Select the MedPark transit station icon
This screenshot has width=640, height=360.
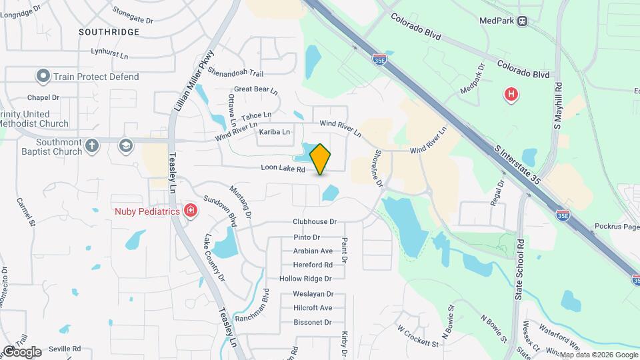pos(523,21)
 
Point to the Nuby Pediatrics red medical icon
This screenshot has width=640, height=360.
pos(191,211)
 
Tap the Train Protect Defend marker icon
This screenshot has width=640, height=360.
pos(43,77)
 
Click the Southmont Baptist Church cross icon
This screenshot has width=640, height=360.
pos(92,145)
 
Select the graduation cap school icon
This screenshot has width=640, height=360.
pos(125,145)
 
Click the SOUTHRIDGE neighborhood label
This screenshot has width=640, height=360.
pos(109,32)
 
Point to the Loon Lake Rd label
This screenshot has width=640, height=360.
pos(282,170)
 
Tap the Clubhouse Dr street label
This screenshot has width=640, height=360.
pos(315,221)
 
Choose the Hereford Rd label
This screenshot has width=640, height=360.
pos(313,265)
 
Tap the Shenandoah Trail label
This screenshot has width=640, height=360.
pos(235,71)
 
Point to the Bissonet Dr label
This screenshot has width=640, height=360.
pos(312,322)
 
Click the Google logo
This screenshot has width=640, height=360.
pos(22,351)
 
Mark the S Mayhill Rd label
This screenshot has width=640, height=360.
pos(558,105)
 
